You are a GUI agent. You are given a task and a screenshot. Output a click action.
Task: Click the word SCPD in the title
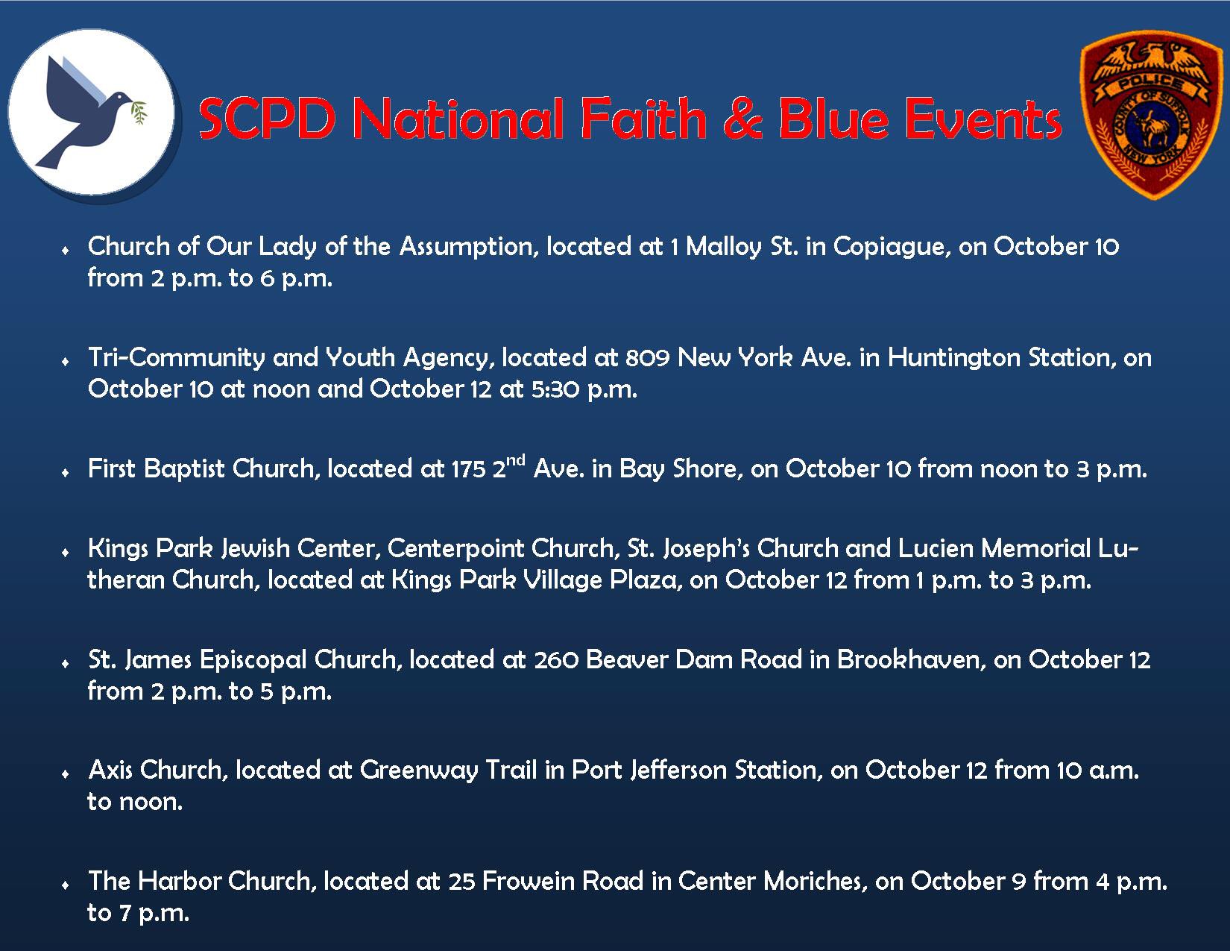coord(267,119)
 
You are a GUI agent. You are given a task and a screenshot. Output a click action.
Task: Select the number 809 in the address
coord(648,358)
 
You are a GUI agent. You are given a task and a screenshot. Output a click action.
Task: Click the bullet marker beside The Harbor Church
coord(66,885)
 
